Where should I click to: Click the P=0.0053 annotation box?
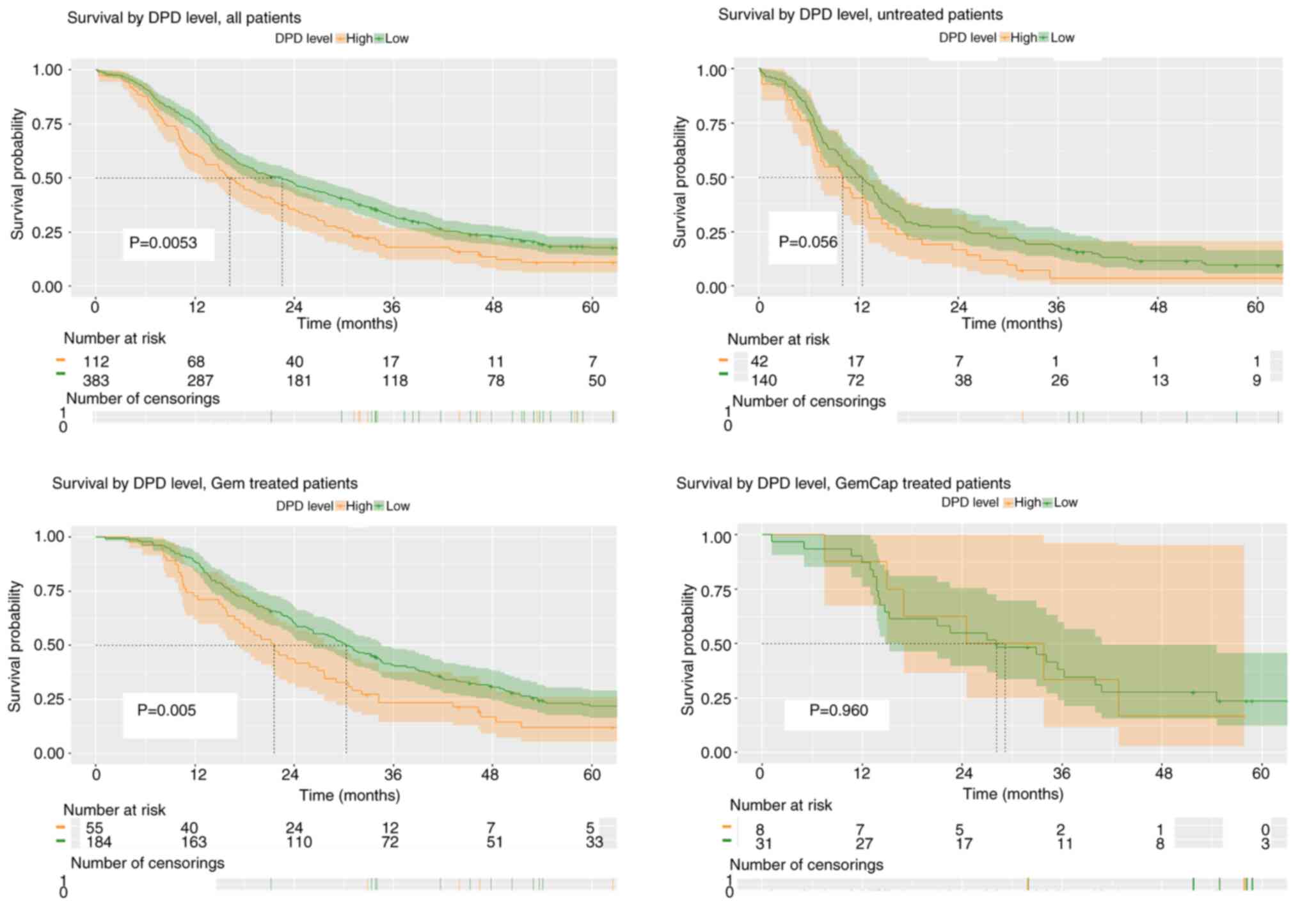(x=164, y=243)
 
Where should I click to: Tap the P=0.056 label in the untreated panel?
(x=807, y=242)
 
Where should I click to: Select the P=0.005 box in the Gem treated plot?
(x=167, y=710)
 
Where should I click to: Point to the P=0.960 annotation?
(x=839, y=710)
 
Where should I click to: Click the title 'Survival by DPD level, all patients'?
(x=184, y=18)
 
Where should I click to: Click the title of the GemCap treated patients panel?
(x=843, y=483)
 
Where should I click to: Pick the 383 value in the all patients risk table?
(x=96, y=381)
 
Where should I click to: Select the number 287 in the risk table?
(x=200, y=381)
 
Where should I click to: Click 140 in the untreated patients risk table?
(x=763, y=381)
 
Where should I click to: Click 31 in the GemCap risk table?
(x=763, y=844)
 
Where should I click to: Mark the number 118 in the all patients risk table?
(x=395, y=381)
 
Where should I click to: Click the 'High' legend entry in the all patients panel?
(x=359, y=38)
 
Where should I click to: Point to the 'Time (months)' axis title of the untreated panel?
(x=1011, y=324)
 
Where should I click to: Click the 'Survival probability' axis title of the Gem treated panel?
(x=15, y=646)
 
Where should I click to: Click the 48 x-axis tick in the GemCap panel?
(x=1164, y=773)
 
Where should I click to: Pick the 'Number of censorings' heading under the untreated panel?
(x=809, y=402)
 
